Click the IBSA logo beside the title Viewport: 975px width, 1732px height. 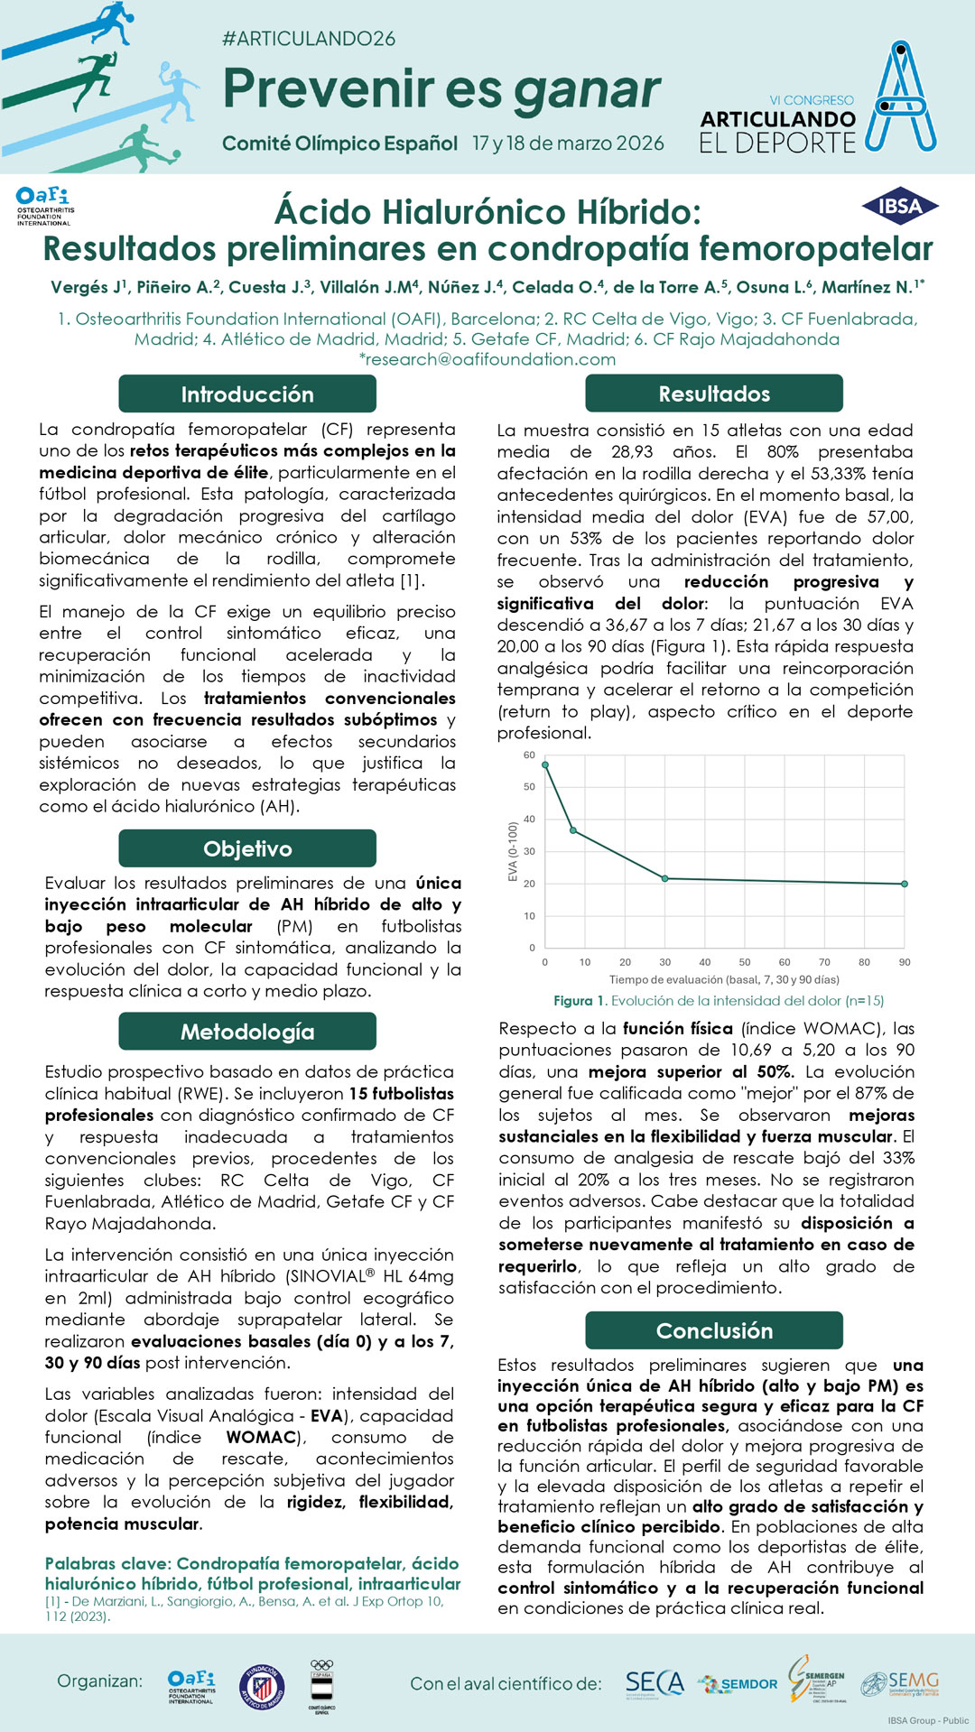(x=899, y=207)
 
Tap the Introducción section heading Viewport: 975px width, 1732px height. (x=247, y=394)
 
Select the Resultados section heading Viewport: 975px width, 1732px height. (x=713, y=394)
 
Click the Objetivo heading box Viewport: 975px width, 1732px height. (x=247, y=848)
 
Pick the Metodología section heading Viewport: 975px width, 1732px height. (x=247, y=1032)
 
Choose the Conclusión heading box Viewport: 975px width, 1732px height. (x=713, y=1330)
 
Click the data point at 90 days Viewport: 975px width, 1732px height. (x=904, y=884)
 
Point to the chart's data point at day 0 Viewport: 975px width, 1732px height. (x=545, y=764)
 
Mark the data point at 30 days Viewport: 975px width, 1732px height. (x=665, y=878)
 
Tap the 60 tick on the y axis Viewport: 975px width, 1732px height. (x=529, y=755)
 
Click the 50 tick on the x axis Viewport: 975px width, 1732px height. (x=744, y=962)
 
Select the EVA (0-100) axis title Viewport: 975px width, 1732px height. (x=513, y=851)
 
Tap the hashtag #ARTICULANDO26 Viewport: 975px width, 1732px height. (x=309, y=39)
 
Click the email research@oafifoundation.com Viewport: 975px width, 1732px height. (x=488, y=359)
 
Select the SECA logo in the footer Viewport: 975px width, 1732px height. (x=655, y=1683)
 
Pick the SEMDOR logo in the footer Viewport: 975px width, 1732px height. (x=738, y=1684)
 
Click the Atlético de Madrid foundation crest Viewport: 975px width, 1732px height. (x=262, y=1685)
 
